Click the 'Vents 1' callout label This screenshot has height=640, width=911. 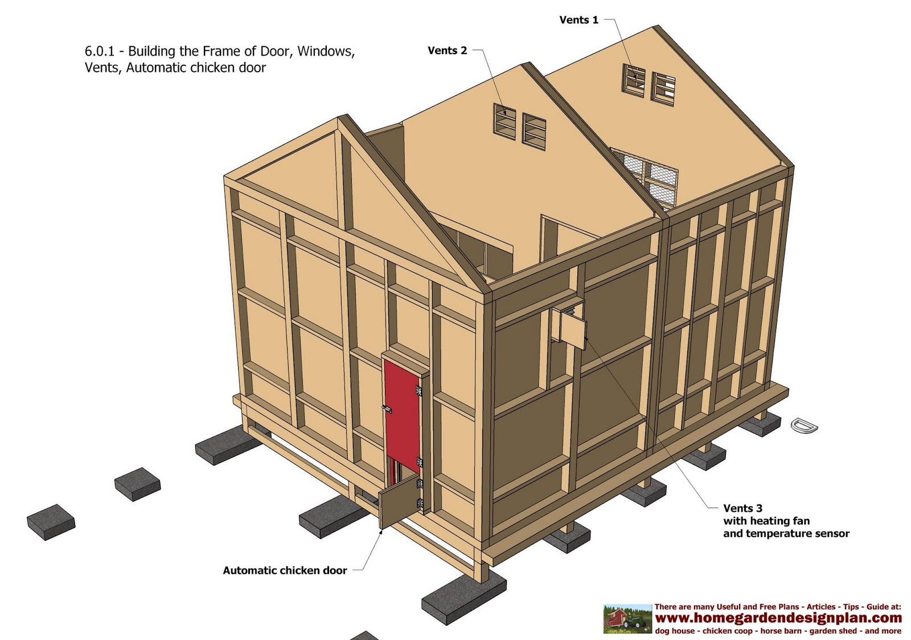(x=578, y=20)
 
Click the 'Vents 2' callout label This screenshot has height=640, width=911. (x=447, y=51)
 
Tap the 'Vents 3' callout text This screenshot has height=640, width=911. (x=742, y=508)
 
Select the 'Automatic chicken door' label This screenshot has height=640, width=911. (x=285, y=570)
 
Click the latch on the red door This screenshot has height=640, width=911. (x=387, y=409)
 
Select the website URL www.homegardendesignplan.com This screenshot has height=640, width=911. (x=778, y=618)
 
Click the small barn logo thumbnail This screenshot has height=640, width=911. (x=627, y=619)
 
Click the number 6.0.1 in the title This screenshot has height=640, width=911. (x=99, y=51)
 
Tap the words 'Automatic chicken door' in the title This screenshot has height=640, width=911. (x=196, y=68)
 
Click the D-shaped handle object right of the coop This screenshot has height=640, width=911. (x=804, y=425)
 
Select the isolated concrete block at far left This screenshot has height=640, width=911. (x=51, y=521)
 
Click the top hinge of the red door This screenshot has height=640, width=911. (x=418, y=391)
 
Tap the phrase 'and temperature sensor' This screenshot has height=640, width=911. (x=786, y=534)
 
